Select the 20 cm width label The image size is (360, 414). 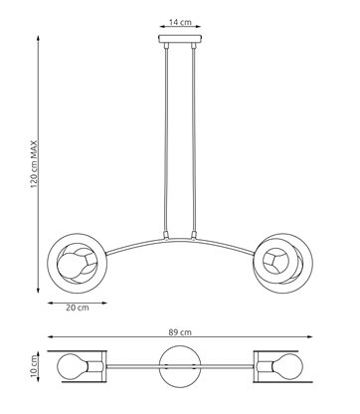pos(76,309)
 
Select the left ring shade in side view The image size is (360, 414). pos(77,263)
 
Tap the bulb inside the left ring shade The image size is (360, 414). pos(77,266)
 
